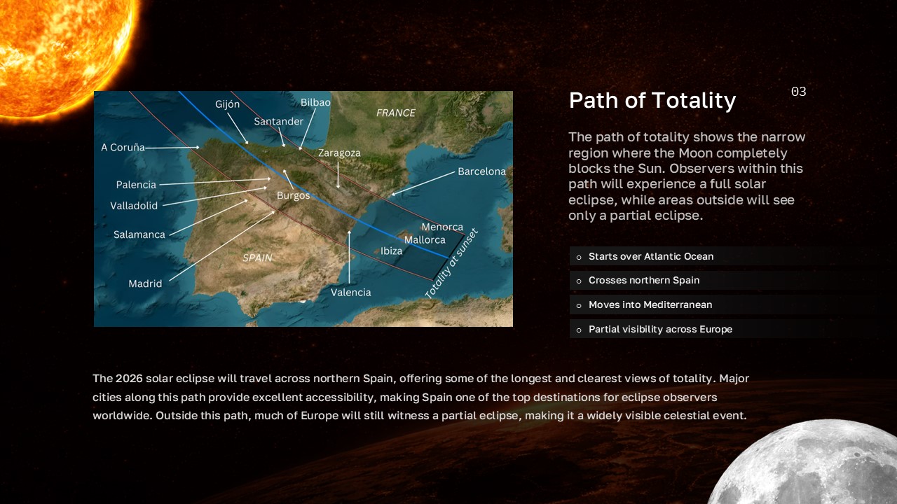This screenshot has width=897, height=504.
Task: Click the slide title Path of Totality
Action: [x=652, y=101]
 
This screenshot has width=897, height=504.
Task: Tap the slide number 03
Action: [x=798, y=92]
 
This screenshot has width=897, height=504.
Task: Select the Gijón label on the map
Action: [x=227, y=104]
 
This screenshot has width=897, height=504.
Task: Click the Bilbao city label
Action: [x=315, y=102]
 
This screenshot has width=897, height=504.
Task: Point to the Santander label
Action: [x=278, y=121]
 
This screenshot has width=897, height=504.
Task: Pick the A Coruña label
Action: [x=123, y=148]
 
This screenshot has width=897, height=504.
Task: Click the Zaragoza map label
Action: [x=339, y=153]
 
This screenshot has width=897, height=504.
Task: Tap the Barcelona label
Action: [x=481, y=171]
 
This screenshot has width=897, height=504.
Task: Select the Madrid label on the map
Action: [x=145, y=283]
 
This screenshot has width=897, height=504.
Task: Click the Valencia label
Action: [x=350, y=292]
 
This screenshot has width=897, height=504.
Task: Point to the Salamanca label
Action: [x=139, y=234]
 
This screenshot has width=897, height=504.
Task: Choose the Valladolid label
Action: [x=134, y=206]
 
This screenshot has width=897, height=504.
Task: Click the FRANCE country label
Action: [x=395, y=113]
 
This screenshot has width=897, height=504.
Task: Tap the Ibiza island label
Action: [x=391, y=251]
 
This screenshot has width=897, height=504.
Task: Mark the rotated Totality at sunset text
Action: [x=452, y=264]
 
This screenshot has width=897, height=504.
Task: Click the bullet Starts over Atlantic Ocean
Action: [x=650, y=256]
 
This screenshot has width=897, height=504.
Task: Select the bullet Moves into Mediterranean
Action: [x=650, y=304]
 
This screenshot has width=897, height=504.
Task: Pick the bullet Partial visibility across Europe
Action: [x=659, y=329]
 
